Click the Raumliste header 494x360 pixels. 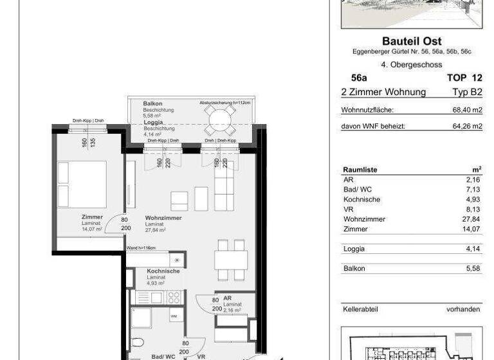[x=360, y=170]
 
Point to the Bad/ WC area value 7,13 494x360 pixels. [x=471, y=190]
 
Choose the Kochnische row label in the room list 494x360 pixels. [x=362, y=199]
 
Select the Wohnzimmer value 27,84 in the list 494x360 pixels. [x=470, y=219]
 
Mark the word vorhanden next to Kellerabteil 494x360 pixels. [x=463, y=309]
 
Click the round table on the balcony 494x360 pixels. [x=220, y=118]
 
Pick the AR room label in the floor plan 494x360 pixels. [x=228, y=298]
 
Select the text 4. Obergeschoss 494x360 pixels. [x=410, y=64]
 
